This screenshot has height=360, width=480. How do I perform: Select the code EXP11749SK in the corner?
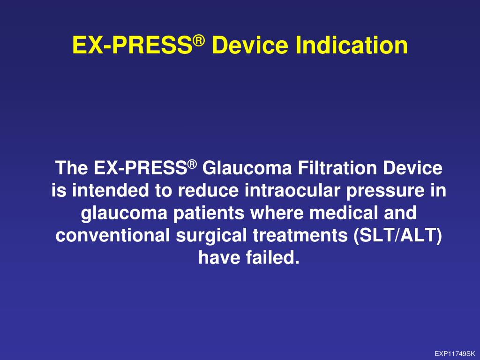[455, 354]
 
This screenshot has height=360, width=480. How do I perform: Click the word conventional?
[113, 236]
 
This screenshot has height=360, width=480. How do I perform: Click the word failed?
[274, 258]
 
